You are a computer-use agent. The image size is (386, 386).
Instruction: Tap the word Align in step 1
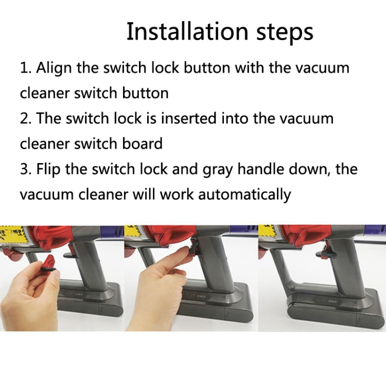pos(54,68)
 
